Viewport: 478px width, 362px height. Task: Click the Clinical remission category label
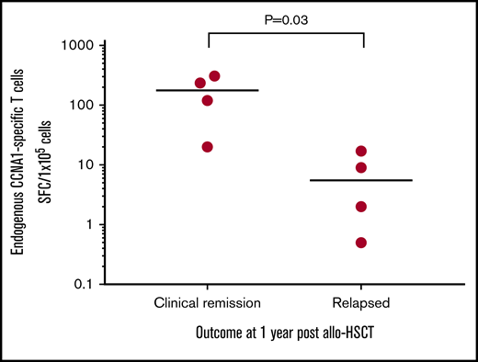tap(208, 302)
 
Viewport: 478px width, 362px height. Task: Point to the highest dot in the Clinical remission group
tap(214, 76)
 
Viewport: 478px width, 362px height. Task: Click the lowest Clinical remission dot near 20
tap(208, 147)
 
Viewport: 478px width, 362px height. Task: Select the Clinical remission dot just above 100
tap(208, 100)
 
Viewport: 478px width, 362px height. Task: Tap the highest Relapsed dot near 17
tap(361, 151)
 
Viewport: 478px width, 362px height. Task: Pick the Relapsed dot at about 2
tap(361, 207)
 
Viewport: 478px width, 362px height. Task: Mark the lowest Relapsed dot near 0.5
tap(361, 243)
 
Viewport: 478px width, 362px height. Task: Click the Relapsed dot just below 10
tap(361, 167)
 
